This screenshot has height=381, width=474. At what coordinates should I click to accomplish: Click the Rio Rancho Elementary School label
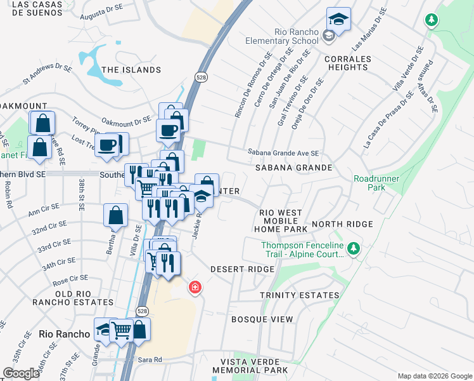pyautogui.click(x=287, y=36)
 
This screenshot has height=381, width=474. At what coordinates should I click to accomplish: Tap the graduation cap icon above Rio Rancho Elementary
pyautogui.click(x=338, y=19)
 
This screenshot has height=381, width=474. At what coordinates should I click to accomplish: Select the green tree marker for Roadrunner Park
pyautogui.click(x=432, y=20)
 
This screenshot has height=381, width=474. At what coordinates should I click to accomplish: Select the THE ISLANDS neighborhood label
pyautogui.click(x=123, y=70)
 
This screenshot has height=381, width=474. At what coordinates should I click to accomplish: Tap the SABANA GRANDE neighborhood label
pyautogui.click(x=293, y=168)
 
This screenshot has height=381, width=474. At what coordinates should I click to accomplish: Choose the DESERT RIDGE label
pyautogui.click(x=242, y=269)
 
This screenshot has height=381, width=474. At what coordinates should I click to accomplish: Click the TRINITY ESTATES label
pyautogui.click(x=299, y=295)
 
